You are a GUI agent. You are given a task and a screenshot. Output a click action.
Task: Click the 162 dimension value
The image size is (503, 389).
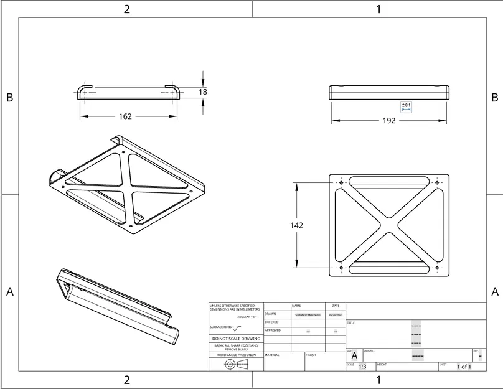(125, 116)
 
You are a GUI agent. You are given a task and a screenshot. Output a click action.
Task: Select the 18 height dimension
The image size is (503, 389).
(203, 91)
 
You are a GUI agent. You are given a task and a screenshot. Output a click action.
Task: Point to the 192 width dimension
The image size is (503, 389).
(388, 121)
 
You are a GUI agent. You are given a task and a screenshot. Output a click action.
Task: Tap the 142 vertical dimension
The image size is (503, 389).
(297, 225)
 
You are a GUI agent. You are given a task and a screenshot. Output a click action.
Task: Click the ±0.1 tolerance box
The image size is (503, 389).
(406, 106)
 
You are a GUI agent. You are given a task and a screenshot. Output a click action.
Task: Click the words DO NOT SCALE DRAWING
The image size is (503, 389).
(236, 339)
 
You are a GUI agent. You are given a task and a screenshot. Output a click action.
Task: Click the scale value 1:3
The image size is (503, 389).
(362, 367)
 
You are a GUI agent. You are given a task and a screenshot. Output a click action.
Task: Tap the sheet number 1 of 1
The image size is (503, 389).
(464, 367)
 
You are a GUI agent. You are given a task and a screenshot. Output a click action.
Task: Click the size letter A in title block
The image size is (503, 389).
(354, 356)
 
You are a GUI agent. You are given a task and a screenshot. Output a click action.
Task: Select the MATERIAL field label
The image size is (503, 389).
(271, 355)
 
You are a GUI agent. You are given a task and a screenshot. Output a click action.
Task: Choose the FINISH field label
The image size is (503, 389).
(311, 355)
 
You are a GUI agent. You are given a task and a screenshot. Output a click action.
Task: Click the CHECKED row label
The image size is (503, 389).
(271, 322)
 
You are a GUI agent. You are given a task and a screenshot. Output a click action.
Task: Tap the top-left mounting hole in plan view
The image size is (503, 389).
(341, 182)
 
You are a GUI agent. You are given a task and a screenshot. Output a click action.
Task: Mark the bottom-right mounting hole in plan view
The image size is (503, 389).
(437, 268)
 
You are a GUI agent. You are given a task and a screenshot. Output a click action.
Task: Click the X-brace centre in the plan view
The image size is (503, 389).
(389, 225)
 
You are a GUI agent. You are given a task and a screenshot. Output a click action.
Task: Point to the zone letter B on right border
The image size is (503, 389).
(494, 98)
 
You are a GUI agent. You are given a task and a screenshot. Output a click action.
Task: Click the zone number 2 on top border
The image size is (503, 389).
(127, 9)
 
